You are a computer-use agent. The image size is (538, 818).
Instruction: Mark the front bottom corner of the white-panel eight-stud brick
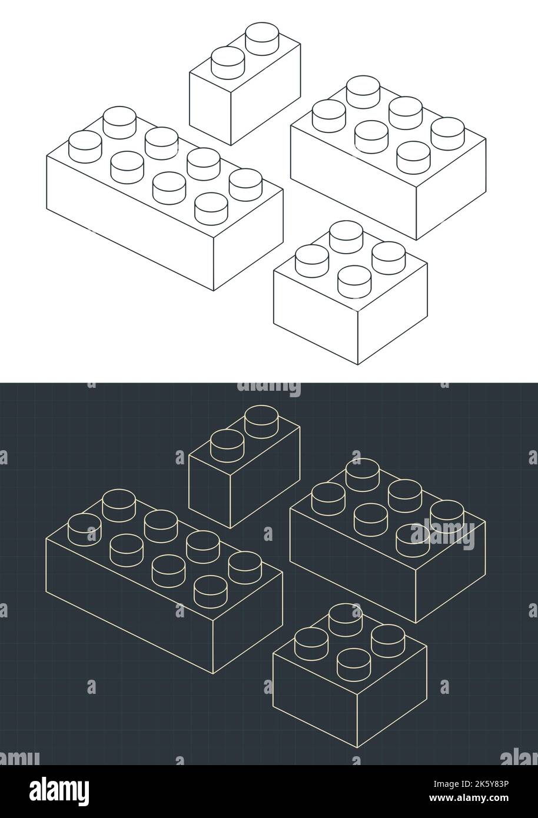click(x=214, y=290)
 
